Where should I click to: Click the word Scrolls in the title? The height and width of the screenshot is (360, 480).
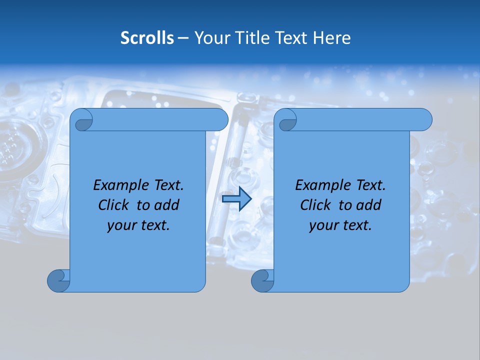(x=147, y=38)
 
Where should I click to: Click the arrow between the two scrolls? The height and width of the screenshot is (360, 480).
(x=236, y=199)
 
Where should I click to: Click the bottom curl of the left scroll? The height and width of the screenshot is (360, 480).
(x=58, y=280)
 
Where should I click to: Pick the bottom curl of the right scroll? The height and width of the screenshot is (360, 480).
(x=262, y=280)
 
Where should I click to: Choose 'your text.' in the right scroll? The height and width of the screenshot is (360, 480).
(x=340, y=225)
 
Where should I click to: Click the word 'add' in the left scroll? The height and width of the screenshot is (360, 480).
(x=167, y=205)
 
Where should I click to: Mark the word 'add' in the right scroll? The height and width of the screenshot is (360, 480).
(x=369, y=205)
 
